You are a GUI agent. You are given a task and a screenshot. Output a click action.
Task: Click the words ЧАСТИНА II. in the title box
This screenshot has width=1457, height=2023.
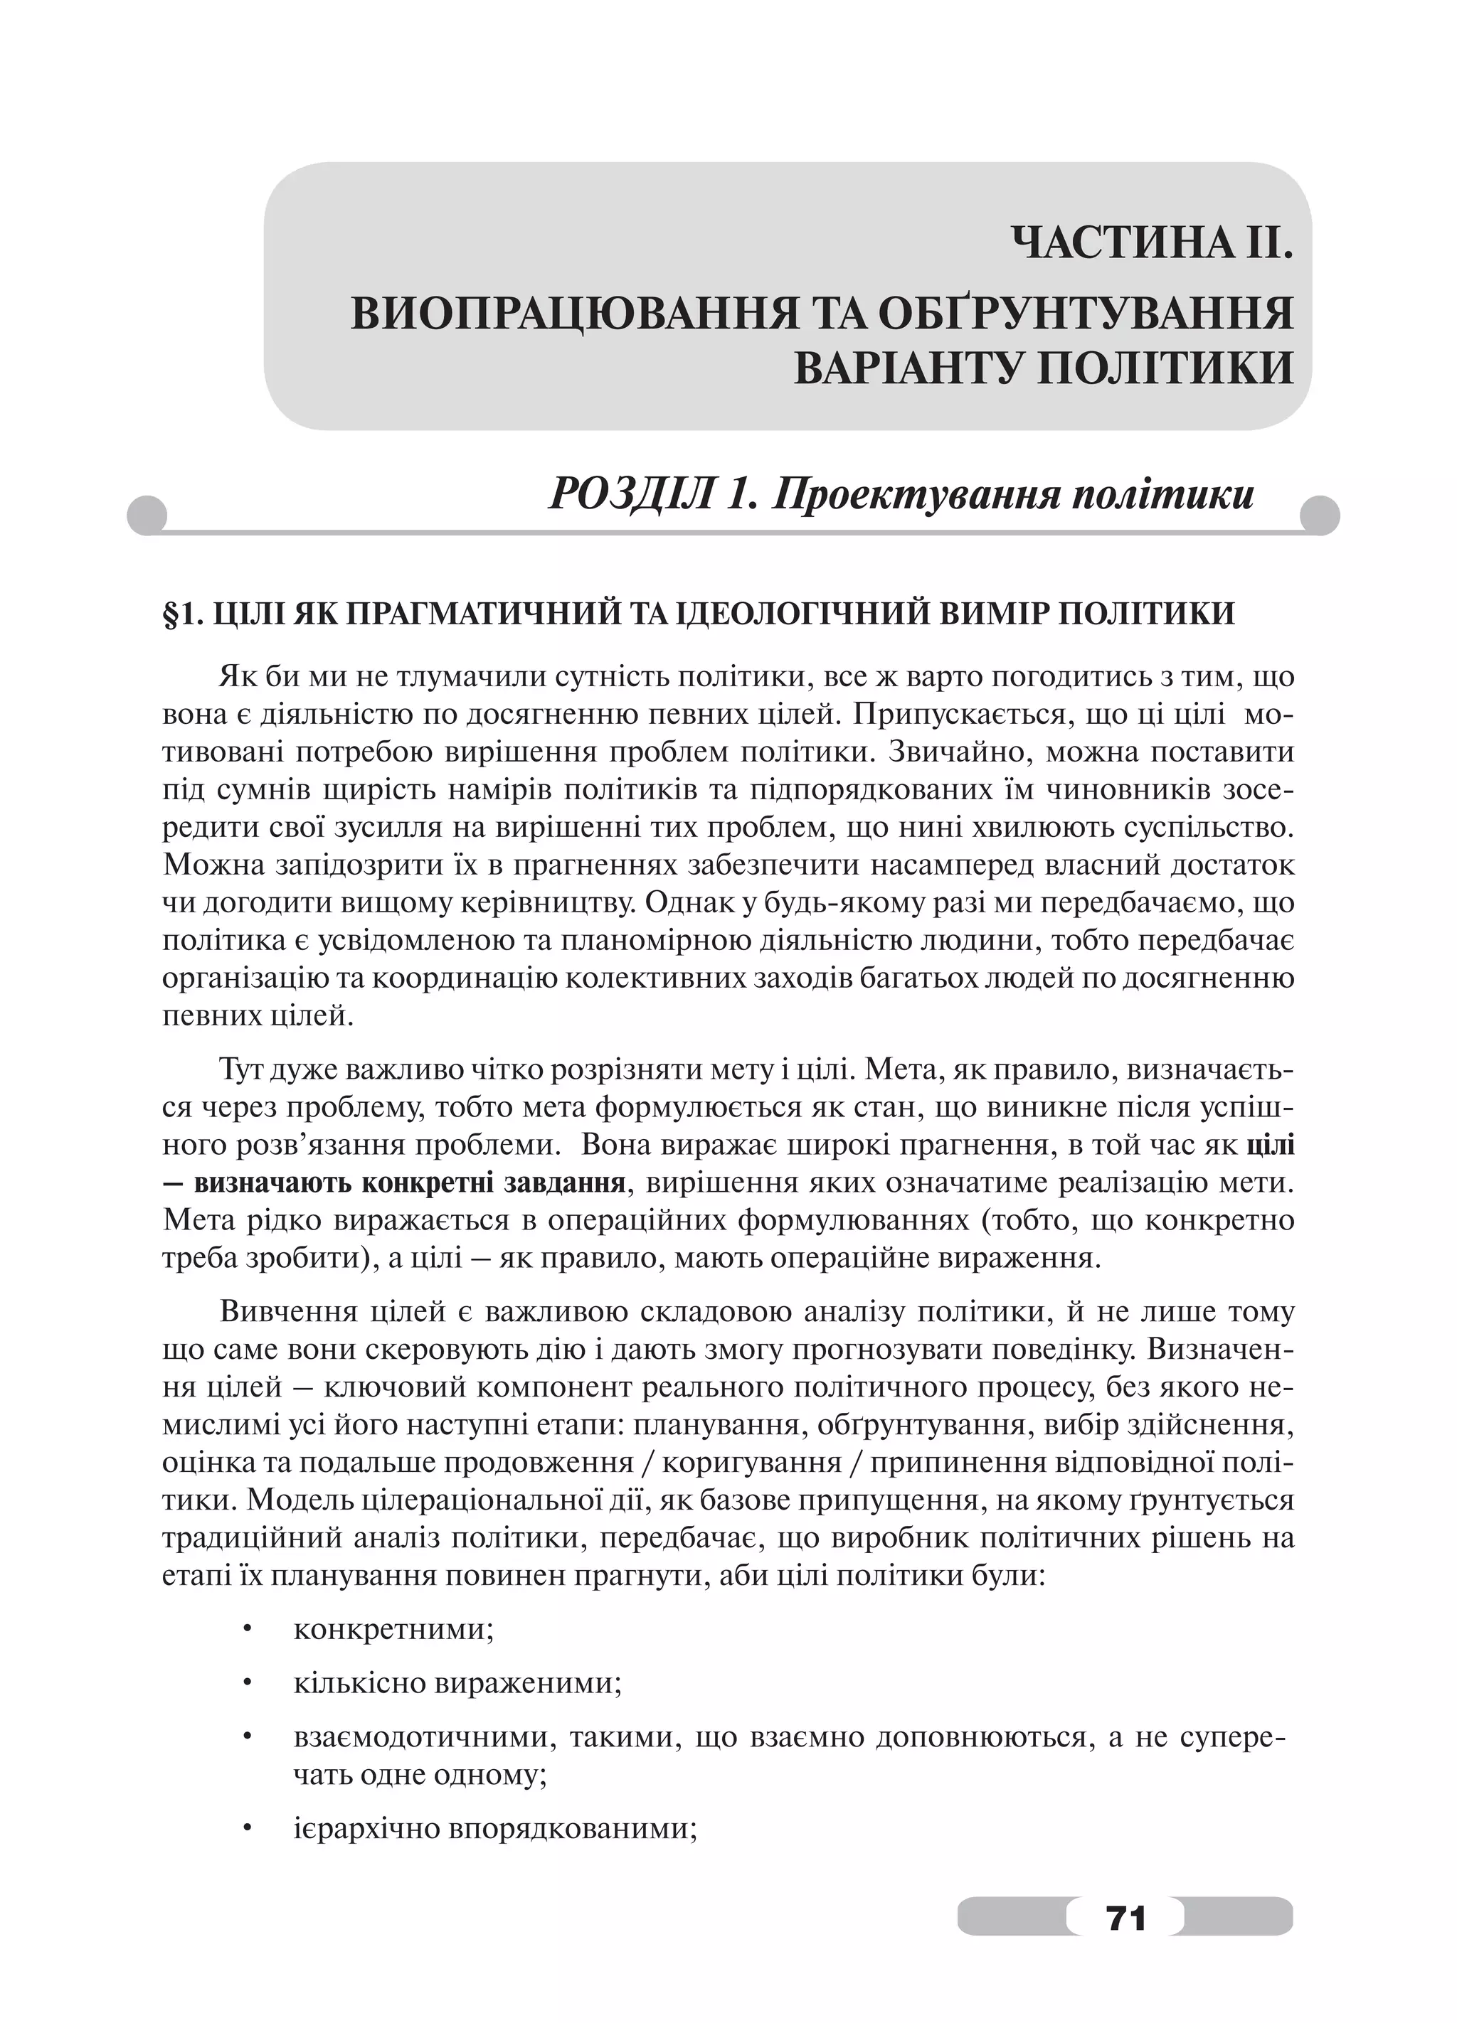[1152, 242]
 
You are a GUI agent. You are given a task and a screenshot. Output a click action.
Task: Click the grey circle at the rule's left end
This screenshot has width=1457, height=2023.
[147, 515]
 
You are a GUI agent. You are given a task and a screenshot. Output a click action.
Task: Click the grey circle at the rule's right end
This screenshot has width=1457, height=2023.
[1320, 515]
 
